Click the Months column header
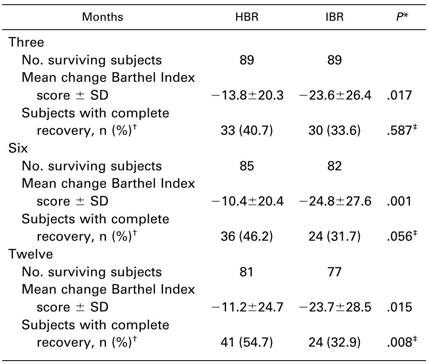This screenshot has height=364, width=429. coord(103,17)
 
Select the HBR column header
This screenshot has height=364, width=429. coord(247,17)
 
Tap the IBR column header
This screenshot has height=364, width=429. coord(334,17)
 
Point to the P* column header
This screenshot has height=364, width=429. coord(400,17)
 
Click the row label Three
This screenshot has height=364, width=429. coord(26,42)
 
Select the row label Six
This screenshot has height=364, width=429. coord(18,148)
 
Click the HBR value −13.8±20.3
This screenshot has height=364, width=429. coord(247,95)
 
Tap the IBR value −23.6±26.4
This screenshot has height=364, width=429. coord(335,95)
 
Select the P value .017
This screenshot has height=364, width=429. coord(399,95)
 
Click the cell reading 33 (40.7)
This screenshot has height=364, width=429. coord(247,131)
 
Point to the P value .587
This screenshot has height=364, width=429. coord(399,131)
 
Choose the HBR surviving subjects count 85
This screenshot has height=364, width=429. coord(247,166)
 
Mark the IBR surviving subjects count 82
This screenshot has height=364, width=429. coord(334,166)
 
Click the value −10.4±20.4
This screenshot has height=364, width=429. coord(247,201)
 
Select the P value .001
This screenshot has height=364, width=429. coord(399,201)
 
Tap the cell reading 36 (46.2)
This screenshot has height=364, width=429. coord(247,237)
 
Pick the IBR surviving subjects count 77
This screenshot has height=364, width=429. coord(334,272)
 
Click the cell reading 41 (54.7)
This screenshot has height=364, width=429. coord(247,343)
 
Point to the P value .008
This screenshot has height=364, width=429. coord(399,343)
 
